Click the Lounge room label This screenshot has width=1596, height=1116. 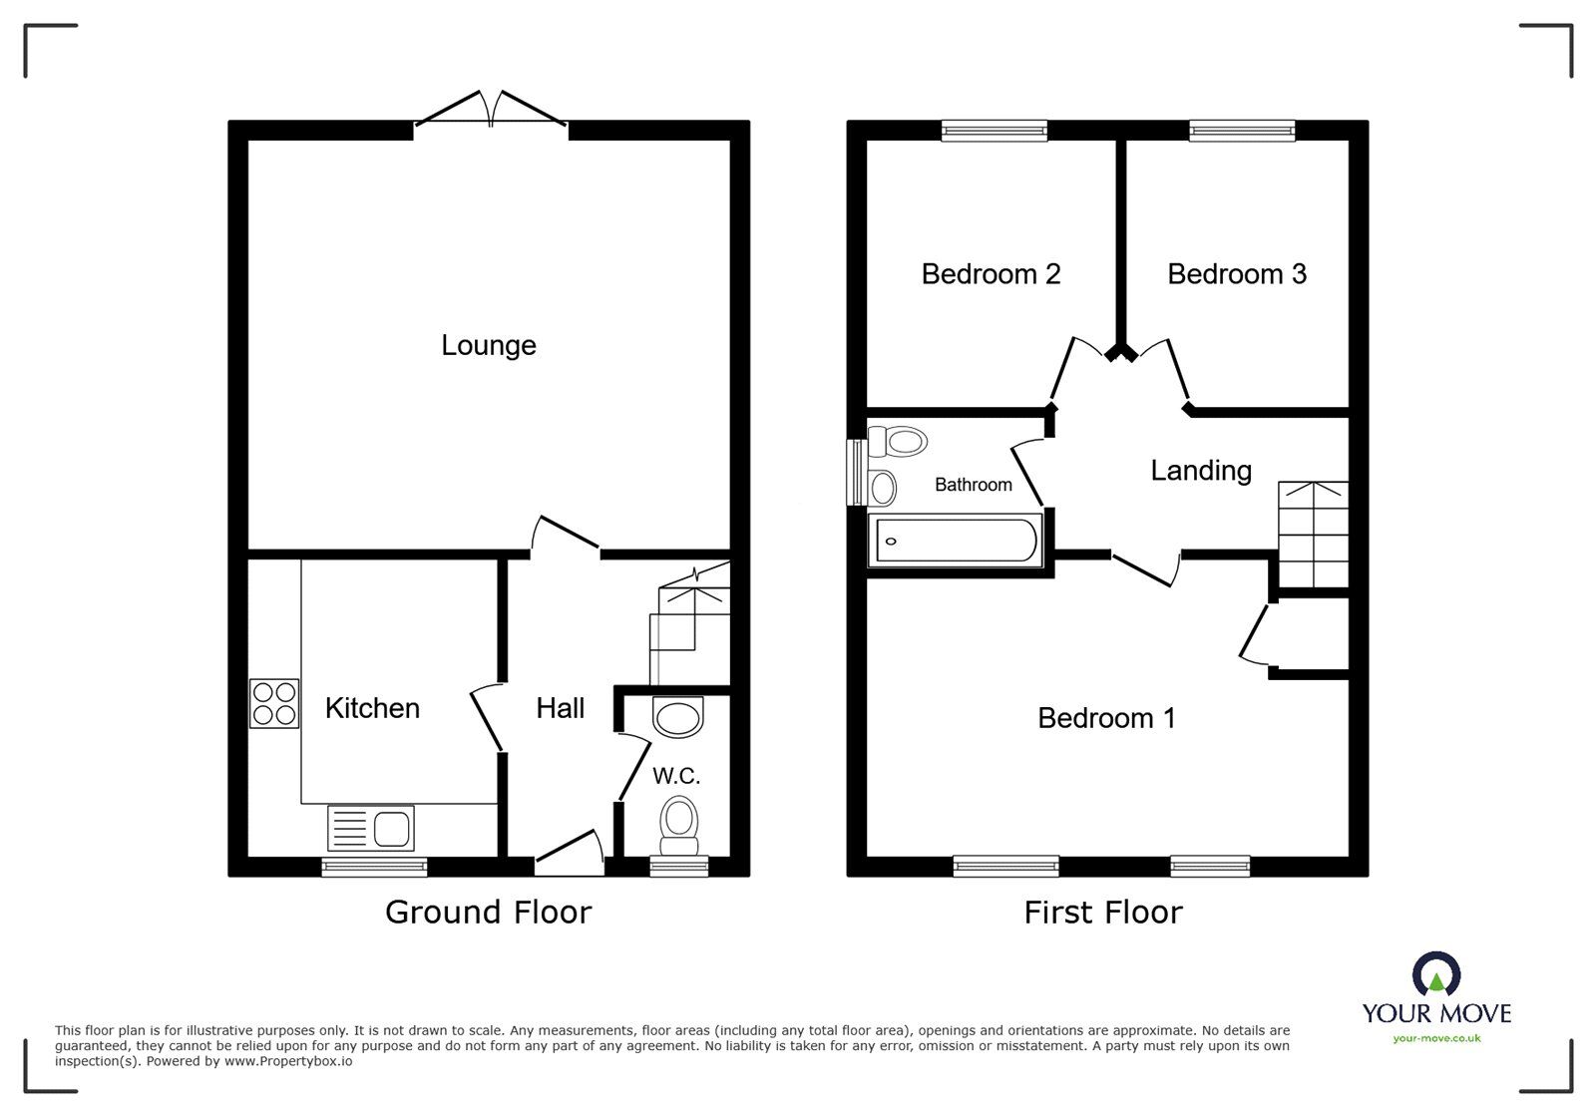click(x=489, y=345)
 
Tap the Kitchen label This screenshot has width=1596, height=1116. click(x=372, y=708)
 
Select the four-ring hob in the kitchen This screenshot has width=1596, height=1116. click(x=273, y=703)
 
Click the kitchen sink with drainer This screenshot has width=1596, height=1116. click(x=370, y=828)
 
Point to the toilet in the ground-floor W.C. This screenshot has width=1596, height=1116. click(x=679, y=824)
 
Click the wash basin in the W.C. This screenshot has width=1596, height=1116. click(x=677, y=717)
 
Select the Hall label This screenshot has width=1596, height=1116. click(x=560, y=708)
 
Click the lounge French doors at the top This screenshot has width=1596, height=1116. click(x=491, y=110)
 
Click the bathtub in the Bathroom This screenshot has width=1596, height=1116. click(x=956, y=542)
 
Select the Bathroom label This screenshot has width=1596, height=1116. click(x=973, y=485)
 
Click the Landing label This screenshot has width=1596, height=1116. click(x=1200, y=470)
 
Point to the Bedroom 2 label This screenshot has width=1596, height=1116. click(x=991, y=273)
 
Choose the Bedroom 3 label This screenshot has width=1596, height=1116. click(x=1237, y=273)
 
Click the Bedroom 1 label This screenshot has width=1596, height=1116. click(x=1106, y=717)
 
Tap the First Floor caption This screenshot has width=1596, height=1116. click(x=1102, y=912)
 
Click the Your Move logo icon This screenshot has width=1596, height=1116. click(x=1436, y=974)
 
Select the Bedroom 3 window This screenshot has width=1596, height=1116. click(x=1242, y=130)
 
